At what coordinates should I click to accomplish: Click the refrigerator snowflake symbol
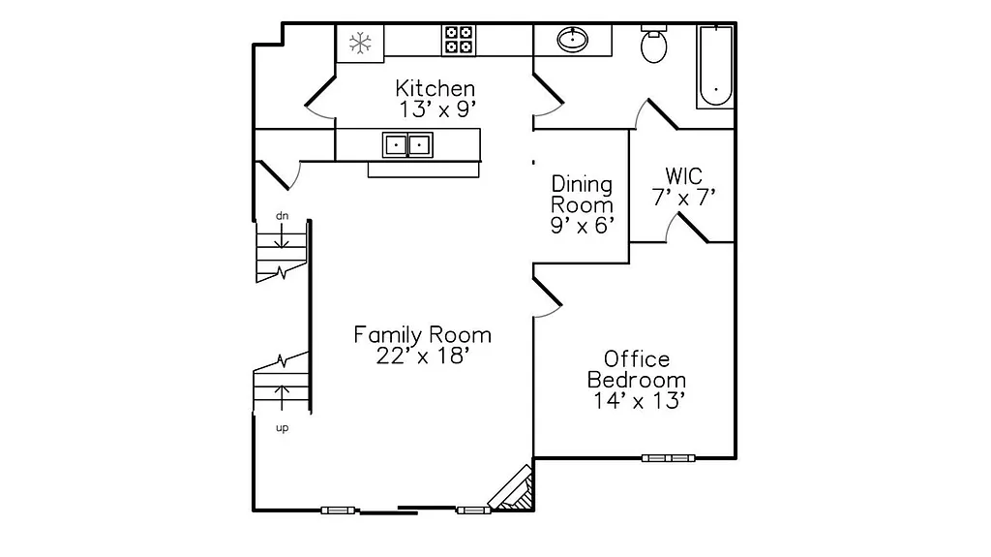(361, 43)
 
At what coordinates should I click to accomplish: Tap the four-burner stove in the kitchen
(459, 40)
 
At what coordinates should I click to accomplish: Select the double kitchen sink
(407, 145)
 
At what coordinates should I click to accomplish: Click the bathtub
(714, 67)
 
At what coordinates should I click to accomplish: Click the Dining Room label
(582, 194)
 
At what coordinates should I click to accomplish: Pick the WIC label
(683, 176)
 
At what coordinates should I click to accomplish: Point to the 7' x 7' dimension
(683, 198)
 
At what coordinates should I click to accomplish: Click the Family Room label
(422, 335)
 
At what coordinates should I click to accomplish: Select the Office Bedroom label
(637, 370)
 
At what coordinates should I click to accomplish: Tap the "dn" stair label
(282, 215)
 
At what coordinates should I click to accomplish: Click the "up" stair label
(283, 427)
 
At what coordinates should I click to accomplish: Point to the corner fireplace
(513, 490)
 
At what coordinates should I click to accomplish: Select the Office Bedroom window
(669, 457)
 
